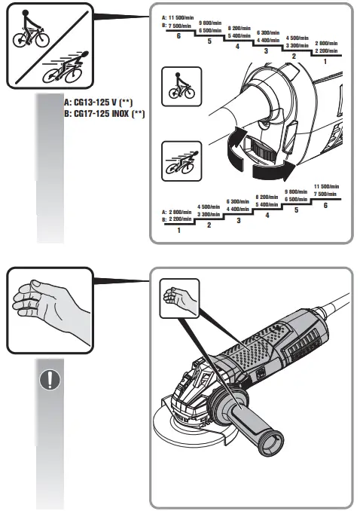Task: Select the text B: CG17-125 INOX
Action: [x=105, y=113]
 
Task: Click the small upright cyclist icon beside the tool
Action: [x=181, y=85]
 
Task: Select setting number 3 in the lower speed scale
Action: [x=238, y=221]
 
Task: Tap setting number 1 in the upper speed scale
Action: [x=325, y=60]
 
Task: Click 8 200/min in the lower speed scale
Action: [x=267, y=197]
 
